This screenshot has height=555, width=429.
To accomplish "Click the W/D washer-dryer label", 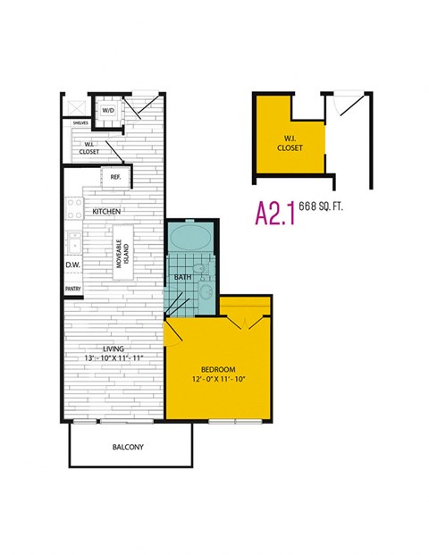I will click(107, 110).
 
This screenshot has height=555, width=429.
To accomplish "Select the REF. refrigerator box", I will click(115, 177).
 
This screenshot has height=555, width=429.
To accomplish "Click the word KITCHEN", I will click(107, 211).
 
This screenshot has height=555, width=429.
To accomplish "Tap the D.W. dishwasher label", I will click(73, 265).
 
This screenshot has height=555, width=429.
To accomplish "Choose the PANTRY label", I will click(72, 290).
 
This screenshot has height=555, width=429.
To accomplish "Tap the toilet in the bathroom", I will click(204, 267).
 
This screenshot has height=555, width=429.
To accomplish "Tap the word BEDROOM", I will click(217, 369).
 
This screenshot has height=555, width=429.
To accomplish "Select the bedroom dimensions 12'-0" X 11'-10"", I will click(217, 380).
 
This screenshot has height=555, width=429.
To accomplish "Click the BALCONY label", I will click(129, 447).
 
